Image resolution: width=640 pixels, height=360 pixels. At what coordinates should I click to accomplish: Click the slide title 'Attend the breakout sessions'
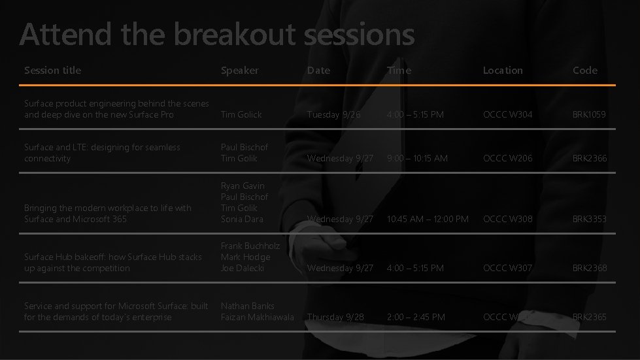point(216,35)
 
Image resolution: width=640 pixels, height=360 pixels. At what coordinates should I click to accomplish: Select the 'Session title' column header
point(53,70)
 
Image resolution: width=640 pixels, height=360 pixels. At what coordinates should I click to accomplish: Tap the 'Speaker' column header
point(240,70)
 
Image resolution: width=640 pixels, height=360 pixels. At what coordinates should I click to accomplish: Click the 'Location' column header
point(503,70)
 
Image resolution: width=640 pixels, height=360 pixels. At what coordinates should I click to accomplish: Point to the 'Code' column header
point(585,70)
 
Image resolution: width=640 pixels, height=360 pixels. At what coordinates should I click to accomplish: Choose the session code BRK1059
point(589,114)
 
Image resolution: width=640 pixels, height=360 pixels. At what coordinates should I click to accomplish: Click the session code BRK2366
point(589,158)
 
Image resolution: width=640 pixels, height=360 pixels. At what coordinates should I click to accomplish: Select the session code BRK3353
point(589,219)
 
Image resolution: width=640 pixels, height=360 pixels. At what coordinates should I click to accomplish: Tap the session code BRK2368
point(589,268)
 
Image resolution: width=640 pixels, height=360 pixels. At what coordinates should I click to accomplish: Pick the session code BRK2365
point(589,317)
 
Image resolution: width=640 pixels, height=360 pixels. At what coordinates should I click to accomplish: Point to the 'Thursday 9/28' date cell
point(335,317)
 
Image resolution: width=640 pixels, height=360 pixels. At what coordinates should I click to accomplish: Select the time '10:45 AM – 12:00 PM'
point(428,219)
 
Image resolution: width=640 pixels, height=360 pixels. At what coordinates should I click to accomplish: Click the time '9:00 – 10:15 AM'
point(417,158)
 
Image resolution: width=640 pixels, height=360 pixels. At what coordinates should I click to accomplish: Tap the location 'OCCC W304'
point(507,114)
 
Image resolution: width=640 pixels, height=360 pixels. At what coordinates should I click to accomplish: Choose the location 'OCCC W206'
point(507,158)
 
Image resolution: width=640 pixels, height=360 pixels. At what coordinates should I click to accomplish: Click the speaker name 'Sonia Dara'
point(242,219)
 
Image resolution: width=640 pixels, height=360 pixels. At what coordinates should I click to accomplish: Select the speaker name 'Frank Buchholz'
point(250,246)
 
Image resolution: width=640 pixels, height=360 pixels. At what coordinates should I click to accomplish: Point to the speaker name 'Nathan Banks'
point(248,306)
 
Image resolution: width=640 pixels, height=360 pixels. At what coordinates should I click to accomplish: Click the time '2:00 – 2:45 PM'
point(416,317)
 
